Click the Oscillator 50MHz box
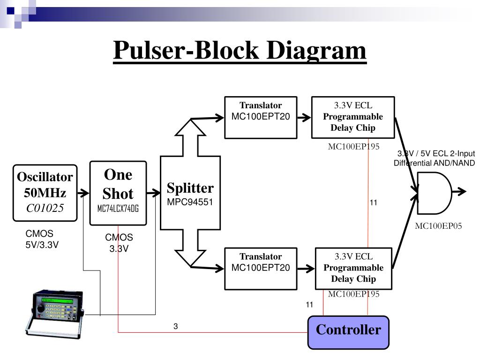[x=45, y=193]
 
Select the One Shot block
[x=118, y=193]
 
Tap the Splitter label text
[x=190, y=188]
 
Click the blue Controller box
[x=348, y=332]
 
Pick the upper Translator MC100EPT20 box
[x=261, y=118]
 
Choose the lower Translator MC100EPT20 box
[x=261, y=269]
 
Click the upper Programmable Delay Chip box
[x=353, y=118]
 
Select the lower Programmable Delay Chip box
[x=353, y=269]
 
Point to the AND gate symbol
[x=435, y=193]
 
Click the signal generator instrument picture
[x=54, y=314]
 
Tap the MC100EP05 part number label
[x=438, y=226]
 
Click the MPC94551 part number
[x=190, y=202]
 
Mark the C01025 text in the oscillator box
[x=45, y=208]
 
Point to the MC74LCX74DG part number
[x=118, y=209]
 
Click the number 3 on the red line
[x=175, y=326]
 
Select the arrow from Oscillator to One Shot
[x=83, y=193]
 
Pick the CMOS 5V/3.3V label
[x=42, y=239]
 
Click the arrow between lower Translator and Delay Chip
[x=306, y=269]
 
